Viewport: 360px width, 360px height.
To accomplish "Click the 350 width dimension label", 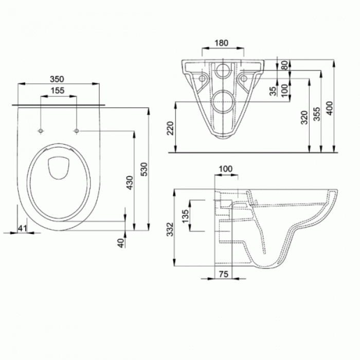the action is (57, 79).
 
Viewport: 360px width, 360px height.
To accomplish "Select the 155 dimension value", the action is (58, 91).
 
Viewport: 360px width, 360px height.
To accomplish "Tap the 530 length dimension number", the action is (145, 169).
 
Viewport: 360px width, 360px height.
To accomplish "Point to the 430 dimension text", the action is (130, 183).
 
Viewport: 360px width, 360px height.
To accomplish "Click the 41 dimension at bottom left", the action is (23, 228).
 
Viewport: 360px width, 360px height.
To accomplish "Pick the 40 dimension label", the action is (121, 243).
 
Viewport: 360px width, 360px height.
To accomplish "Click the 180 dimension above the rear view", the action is (221, 43).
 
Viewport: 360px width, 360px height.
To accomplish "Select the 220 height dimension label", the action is (170, 128).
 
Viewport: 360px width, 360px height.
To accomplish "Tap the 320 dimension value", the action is (304, 118).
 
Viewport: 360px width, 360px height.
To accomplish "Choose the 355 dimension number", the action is (317, 114).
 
